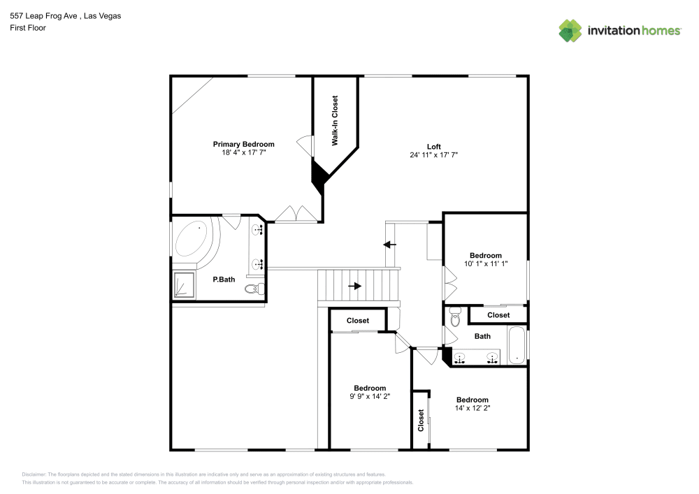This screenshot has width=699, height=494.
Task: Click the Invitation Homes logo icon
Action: coord(570,30)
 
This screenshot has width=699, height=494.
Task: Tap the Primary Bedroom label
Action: coord(243,144)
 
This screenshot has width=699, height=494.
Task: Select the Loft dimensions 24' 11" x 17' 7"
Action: coord(433,155)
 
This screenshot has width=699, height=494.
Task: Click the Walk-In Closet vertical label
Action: coord(335,121)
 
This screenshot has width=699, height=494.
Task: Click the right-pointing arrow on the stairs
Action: coord(355,286)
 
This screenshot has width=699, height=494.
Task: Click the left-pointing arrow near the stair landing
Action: coord(389,244)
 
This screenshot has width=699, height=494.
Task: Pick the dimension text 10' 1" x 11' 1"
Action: coord(485,264)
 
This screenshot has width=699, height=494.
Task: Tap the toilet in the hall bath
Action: coord(455,317)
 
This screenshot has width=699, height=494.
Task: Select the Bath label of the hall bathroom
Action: coord(482,336)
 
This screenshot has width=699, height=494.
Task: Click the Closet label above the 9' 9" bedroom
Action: coord(357,321)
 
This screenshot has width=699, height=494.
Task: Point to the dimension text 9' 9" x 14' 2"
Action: coord(369,396)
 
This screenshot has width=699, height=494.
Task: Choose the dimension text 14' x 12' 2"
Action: coord(472,408)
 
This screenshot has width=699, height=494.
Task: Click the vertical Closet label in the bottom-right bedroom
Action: coord(421,420)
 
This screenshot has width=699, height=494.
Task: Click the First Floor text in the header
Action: coord(28,28)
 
